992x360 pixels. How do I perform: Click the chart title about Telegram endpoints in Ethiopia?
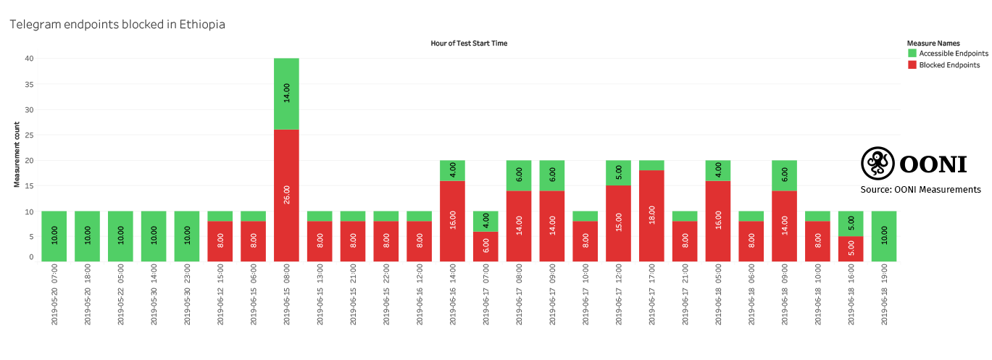tap(117, 25)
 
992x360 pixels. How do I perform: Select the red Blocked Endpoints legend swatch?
tap(912, 65)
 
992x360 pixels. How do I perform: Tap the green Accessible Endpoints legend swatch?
tap(912, 54)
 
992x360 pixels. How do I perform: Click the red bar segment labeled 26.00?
tap(286, 196)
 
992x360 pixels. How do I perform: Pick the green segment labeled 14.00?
tap(286, 94)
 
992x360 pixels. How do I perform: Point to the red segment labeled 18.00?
tap(651, 216)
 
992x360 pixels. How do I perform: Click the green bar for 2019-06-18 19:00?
tap(883, 236)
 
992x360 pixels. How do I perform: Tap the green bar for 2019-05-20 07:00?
tap(54, 236)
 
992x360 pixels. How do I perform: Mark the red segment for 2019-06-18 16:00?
tap(851, 248)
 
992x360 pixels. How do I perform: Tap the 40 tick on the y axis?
tap(28, 58)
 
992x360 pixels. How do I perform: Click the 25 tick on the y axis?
tap(28, 135)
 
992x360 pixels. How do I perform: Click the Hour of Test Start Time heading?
tap(469, 43)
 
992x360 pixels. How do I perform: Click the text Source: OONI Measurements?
tap(920, 190)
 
